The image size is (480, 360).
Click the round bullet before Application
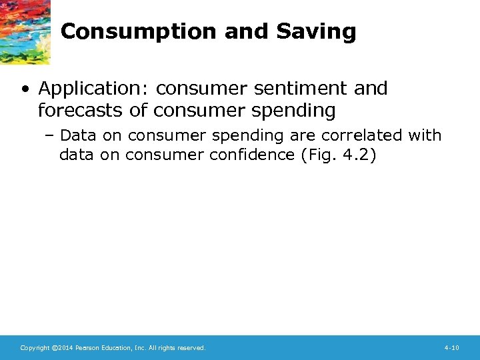27,89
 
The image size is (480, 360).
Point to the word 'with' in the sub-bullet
425,135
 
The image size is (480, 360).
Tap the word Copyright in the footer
35,348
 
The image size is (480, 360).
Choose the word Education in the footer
117,348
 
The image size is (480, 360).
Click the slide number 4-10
451,348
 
